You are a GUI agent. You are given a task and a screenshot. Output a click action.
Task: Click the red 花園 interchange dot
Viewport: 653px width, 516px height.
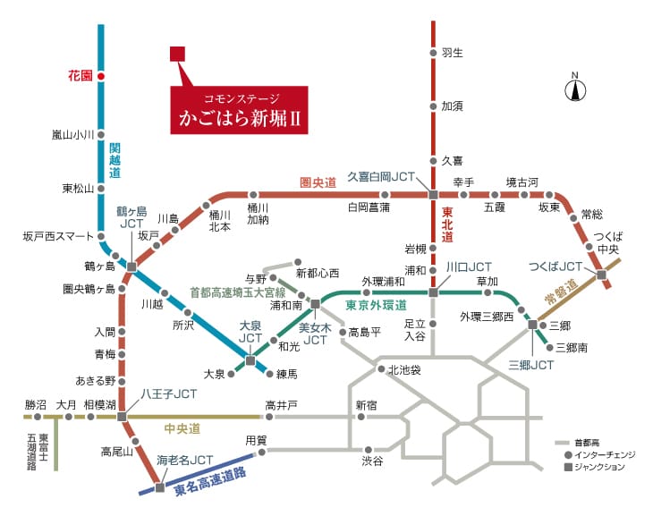pyautogui.click(x=101, y=76)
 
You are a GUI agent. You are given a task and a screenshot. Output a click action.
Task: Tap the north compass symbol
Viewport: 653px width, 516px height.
pyautogui.click(x=575, y=88)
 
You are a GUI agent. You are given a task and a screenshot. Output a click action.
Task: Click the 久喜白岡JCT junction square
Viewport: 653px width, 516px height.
pyautogui.click(x=433, y=194)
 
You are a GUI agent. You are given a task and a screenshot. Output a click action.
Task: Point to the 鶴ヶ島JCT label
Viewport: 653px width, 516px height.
pyautogui.click(x=131, y=217)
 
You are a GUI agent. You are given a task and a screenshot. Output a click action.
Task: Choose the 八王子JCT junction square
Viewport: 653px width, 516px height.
pyautogui.click(x=122, y=417)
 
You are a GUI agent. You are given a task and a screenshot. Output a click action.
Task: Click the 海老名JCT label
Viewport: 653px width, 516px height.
pyautogui.click(x=185, y=460)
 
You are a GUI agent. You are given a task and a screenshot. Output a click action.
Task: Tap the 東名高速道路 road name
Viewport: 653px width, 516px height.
pyautogui.click(x=210, y=481)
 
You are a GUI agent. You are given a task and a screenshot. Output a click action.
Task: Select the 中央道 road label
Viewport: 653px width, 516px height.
pyautogui.click(x=182, y=428)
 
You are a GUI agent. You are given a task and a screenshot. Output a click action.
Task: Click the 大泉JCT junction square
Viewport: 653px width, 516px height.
pyautogui.click(x=250, y=360)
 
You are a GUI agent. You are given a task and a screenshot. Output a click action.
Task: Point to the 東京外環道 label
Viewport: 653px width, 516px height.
pyautogui.click(x=376, y=305)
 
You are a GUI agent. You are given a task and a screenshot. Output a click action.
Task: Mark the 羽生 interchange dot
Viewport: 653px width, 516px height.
pyautogui.click(x=433, y=53)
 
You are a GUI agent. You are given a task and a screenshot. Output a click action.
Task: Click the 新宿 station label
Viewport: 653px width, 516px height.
pyautogui.click(x=367, y=405)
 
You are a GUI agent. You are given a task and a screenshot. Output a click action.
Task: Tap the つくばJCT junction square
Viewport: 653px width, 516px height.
pyautogui.click(x=601, y=275)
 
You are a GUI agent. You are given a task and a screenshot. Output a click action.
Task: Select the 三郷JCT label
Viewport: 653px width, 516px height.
pyautogui.click(x=531, y=365)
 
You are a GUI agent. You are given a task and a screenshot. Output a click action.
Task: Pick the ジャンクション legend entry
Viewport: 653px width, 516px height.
pyautogui.click(x=595, y=467)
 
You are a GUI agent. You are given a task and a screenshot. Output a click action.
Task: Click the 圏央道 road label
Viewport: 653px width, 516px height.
pyautogui.click(x=318, y=182)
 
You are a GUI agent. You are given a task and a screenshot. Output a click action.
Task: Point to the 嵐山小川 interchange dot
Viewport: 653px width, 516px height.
pyautogui.click(x=101, y=135)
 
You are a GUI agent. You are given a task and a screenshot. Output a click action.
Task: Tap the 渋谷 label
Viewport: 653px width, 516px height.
pyautogui.click(x=372, y=461)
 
